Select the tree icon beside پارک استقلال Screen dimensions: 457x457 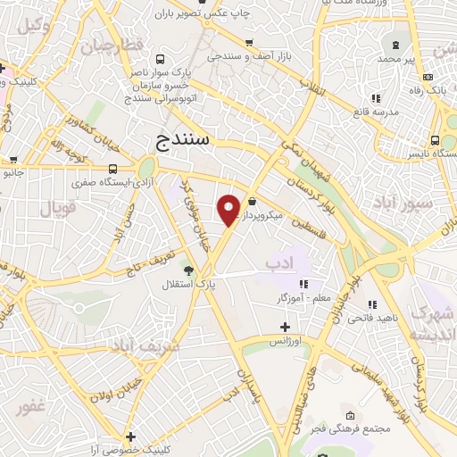[x=187, y=270]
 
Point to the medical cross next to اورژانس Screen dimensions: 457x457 [x=285, y=327]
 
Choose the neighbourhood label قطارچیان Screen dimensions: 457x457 [x=111, y=46]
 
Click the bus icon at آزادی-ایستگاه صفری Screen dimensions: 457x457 [x=113, y=168]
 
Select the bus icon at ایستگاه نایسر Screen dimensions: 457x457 [x=435, y=140]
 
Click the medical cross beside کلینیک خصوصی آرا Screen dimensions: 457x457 [x=130, y=436]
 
